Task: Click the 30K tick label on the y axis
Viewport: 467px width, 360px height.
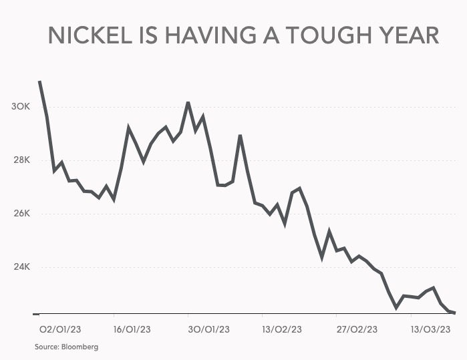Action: pos(21,107)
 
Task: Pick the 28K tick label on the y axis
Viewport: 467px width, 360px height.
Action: pos(21,160)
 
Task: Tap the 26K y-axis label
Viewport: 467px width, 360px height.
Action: pos(21,214)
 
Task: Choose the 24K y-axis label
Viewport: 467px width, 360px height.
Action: pos(21,267)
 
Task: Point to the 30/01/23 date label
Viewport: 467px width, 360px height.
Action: pos(209,329)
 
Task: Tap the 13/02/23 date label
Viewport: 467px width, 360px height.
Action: pos(284,329)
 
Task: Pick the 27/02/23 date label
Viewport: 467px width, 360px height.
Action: pos(358,329)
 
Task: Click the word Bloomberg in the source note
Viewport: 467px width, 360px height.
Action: pos(80,347)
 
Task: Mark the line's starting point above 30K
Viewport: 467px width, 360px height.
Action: pos(39,81)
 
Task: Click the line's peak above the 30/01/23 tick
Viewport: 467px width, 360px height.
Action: pos(188,102)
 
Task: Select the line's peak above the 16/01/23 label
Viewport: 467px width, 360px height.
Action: pos(128,127)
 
